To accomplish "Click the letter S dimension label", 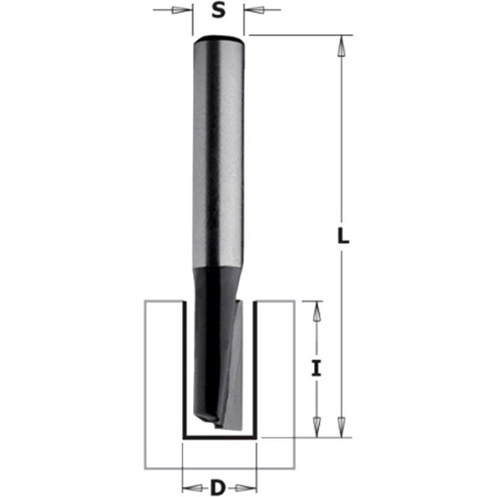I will [x=218, y=12].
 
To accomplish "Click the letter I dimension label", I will [x=317, y=368].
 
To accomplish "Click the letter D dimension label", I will [x=217, y=487].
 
